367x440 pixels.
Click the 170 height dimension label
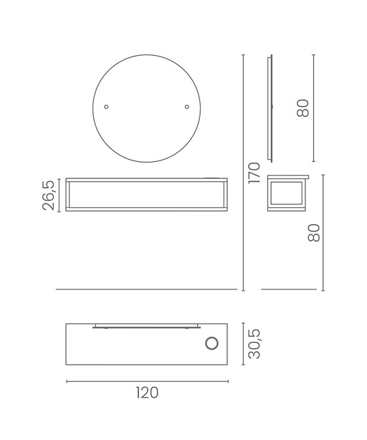click(x=254, y=173)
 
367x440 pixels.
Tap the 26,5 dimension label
click(x=49, y=196)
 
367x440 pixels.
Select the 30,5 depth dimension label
click(x=254, y=344)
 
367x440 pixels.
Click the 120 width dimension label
click(x=148, y=393)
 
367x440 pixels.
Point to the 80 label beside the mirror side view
click(x=302, y=108)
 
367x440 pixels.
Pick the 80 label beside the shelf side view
click(x=314, y=233)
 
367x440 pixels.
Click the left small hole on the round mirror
click(x=106, y=107)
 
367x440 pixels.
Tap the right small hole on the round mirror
click(x=187, y=107)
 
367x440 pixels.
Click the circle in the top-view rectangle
click(x=212, y=343)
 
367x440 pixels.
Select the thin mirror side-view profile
click(x=270, y=108)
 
